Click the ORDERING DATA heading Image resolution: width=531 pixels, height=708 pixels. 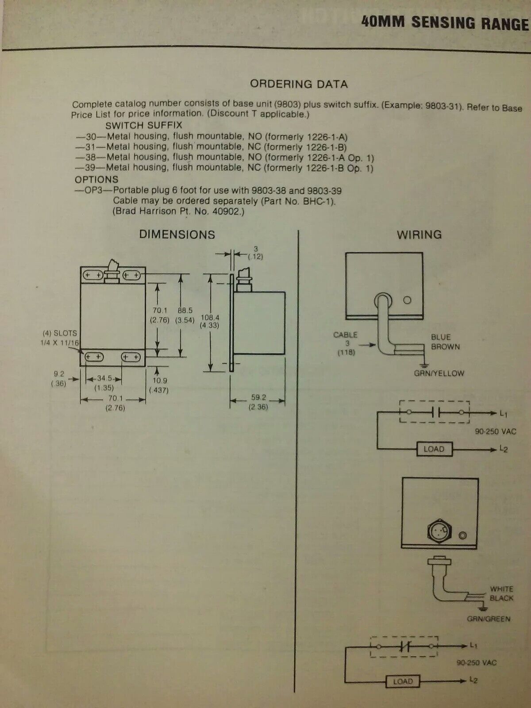(x=299, y=84)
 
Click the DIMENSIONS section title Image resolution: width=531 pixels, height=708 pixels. (x=177, y=235)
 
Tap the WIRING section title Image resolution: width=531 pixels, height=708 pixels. (x=419, y=235)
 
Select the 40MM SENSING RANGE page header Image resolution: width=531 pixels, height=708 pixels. (x=445, y=23)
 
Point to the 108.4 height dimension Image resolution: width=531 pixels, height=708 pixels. (x=210, y=317)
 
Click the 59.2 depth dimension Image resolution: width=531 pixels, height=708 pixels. (x=259, y=397)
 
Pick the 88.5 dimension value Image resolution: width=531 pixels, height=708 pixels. (x=185, y=311)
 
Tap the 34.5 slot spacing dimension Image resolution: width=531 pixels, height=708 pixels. (x=104, y=378)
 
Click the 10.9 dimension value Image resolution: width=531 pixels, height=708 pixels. (x=158, y=381)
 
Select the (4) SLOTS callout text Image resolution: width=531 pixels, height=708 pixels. (x=60, y=333)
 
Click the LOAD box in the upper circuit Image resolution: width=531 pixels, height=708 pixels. (x=434, y=449)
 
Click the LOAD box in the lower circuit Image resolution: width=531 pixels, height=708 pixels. (x=403, y=681)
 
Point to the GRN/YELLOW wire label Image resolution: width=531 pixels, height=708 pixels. (x=439, y=373)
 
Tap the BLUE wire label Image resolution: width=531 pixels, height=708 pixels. (x=441, y=337)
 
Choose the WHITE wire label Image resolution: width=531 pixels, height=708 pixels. (x=501, y=589)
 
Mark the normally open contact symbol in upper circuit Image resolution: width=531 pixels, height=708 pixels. (x=435, y=412)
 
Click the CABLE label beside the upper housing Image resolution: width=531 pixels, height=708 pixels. (x=345, y=335)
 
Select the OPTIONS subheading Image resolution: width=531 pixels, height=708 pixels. (x=96, y=180)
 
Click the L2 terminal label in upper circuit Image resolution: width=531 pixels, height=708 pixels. (x=504, y=449)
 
